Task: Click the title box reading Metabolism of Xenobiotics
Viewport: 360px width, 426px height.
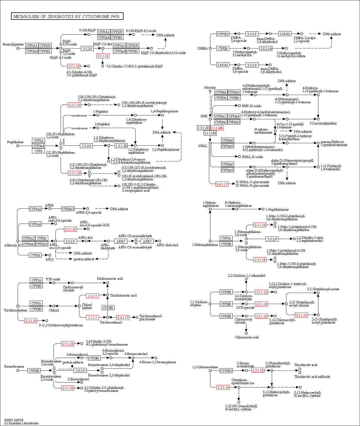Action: (67, 17)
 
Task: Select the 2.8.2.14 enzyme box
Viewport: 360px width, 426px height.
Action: (266, 48)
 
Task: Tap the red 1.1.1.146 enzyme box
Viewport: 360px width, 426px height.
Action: (217, 128)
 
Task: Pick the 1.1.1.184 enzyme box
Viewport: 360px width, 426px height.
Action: (210, 133)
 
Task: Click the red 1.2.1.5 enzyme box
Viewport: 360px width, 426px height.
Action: (92, 296)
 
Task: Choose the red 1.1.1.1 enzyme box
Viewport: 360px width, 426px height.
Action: (92, 318)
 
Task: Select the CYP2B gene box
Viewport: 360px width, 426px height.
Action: (223, 48)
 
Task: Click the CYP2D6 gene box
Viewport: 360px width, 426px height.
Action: (221, 98)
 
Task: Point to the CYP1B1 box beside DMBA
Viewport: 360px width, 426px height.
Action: (223, 34)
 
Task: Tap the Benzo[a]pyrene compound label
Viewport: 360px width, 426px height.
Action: (13, 44)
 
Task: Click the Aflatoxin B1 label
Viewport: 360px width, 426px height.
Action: (13, 245)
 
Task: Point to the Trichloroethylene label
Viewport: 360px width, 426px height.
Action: (15, 310)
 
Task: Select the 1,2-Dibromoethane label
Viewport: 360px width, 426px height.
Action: (205, 367)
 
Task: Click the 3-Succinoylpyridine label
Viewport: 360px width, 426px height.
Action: (323, 123)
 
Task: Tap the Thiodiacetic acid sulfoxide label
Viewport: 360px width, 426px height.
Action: (312, 377)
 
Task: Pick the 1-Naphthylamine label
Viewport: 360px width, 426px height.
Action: (277, 210)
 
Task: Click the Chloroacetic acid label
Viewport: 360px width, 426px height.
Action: (247, 337)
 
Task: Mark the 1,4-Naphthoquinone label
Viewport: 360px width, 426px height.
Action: (164, 111)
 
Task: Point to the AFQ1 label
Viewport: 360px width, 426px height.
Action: (50, 259)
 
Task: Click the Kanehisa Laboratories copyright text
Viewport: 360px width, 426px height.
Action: (21, 423)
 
